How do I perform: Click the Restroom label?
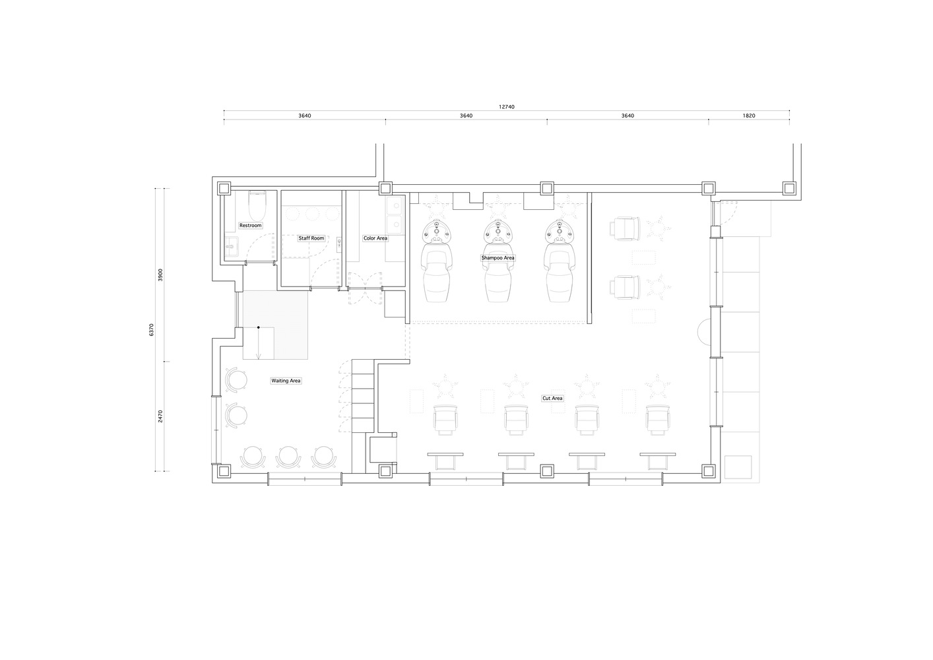pyautogui.click(x=250, y=226)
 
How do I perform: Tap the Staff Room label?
pyautogui.click(x=311, y=238)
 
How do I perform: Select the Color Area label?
pyautogui.click(x=375, y=238)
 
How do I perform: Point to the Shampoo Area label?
pyautogui.click(x=498, y=258)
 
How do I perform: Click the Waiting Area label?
pyautogui.click(x=286, y=381)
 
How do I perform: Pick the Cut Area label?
pyautogui.click(x=552, y=399)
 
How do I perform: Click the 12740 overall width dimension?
pyautogui.click(x=507, y=107)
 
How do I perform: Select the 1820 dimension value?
pyautogui.click(x=748, y=115)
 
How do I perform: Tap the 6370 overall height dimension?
pyautogui.click(x=151, y=330)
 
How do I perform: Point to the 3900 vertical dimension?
pyautogui.click(x=160, y=275)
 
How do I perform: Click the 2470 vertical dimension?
pyautogui.click(x=160, y=416)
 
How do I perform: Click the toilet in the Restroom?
pyautogui.click(x=257, y=206)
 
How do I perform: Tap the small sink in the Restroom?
pyautogui.click(x=232, y=247)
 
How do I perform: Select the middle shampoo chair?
pyautogui.click(x=498, y=261)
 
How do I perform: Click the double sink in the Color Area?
pyautogui.click(x=394, y=216)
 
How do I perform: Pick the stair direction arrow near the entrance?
pyautogui.click(x=258, y=343)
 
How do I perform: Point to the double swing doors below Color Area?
pyautogui.click(x=366, y=288)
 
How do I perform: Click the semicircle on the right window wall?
pyautogui.click(x=704, y=332)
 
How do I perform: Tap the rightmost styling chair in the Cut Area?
pyautogui.click(x=658, y=420)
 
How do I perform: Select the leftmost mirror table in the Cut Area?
pyautogui.click(x=445, y=461)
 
